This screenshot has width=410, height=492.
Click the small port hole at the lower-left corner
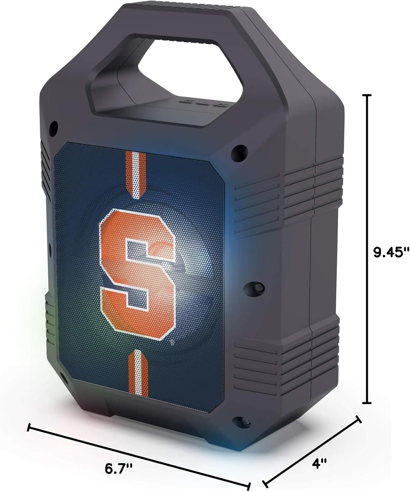pos(64,375)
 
